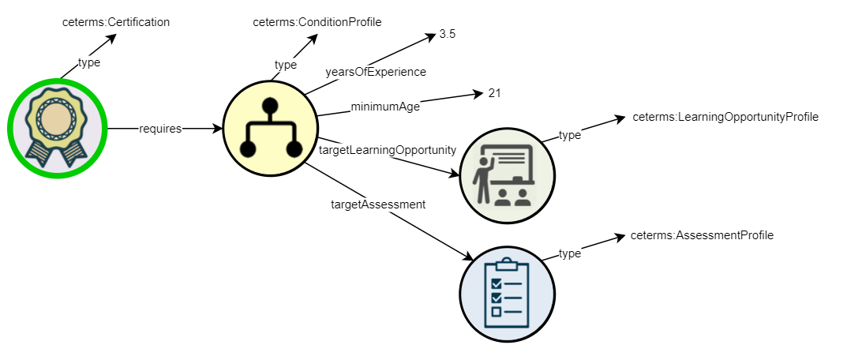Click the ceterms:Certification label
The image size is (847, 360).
[116, 22]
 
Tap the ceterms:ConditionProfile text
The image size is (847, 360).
[317, 22]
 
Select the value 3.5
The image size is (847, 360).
[448, 35]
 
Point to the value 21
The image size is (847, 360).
[494, 93]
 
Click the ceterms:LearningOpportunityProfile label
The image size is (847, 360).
[725, 117]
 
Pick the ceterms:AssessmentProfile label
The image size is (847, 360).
[702, 235]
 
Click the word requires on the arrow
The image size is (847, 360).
[160, 128]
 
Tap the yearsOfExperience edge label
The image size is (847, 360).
[376, 72]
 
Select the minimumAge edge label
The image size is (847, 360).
[385, 107]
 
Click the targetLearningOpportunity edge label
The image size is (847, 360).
[388, 149]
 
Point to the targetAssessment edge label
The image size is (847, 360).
[377, 204]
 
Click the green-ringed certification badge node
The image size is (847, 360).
[56, 127]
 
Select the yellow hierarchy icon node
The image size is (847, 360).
[270, 128]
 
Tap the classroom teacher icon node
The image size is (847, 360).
[507, 174]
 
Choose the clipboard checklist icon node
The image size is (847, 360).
[508, 292]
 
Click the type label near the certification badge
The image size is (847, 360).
[89, 62]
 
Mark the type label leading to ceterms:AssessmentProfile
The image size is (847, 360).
[569, 253]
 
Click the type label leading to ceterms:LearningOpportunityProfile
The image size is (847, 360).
[569, 135]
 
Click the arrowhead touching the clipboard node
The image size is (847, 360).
[469, 257]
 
